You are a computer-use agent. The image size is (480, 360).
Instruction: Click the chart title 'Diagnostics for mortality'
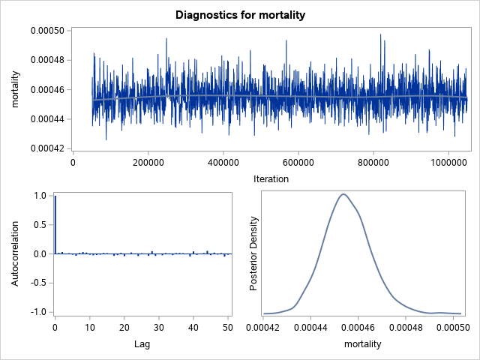(x=240, y=14)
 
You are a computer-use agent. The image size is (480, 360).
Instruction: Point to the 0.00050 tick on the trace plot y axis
(x=46, y=31)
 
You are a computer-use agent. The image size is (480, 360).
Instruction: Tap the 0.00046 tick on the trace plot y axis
(x=46, y=90)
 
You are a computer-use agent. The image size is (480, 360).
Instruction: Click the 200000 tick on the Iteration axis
(x=148, y=163)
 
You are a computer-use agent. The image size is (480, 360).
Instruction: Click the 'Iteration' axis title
(x=270, y=179)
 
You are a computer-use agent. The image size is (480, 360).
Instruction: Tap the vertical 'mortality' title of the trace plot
(x=16, y=90)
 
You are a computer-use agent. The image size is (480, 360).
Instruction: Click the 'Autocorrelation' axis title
(x=16, y=253)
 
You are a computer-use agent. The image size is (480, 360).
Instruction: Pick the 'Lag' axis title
(x=143, y=344)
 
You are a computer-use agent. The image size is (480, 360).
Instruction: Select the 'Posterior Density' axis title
(x=254, y=253)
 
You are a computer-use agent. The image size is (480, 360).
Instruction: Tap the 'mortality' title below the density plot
(x=362, y=344)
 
